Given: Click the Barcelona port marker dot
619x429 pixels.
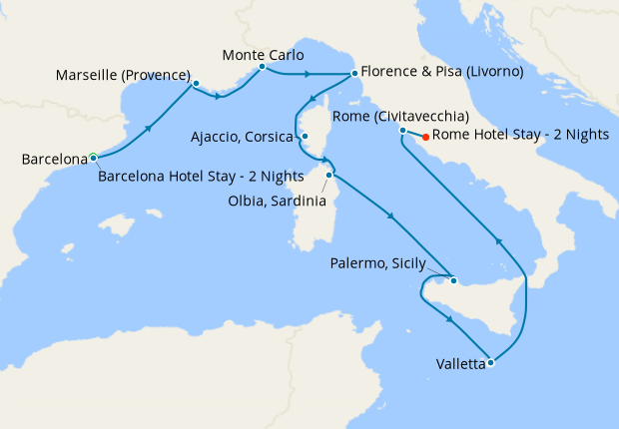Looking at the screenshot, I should pyautogui.click(x=93, y=157).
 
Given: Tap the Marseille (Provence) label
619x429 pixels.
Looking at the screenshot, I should pyautogui.click(x=123, y=76).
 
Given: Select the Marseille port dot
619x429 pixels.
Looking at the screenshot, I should pyautogui.click(x=196, y=84).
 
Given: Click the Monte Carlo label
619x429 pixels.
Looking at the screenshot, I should pyautogui.click(x=264, y=54).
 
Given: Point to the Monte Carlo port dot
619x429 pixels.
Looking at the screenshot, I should pyautogui.click(x=262, y=68).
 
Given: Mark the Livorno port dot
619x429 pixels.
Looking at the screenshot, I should pyautogui.click(x=353, y=73).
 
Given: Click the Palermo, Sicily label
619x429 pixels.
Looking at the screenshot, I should pyautogui.click(x=377, y=264).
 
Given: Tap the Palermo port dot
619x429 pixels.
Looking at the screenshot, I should pyautogui.click(x=451, y=280).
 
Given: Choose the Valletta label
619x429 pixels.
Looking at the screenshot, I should pyautogui.click(x=460, y=364).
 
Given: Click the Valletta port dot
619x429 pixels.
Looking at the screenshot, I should pyautogui.click(x=490, y=362).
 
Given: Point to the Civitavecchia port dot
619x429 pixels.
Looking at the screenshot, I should pyautogui.click(x=401, y=131).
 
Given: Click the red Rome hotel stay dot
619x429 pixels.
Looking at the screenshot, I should pyautogui.click(x=426, y=137).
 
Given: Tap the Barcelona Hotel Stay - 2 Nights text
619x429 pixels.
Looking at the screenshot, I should pyautogui.click(x=202, y=177).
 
